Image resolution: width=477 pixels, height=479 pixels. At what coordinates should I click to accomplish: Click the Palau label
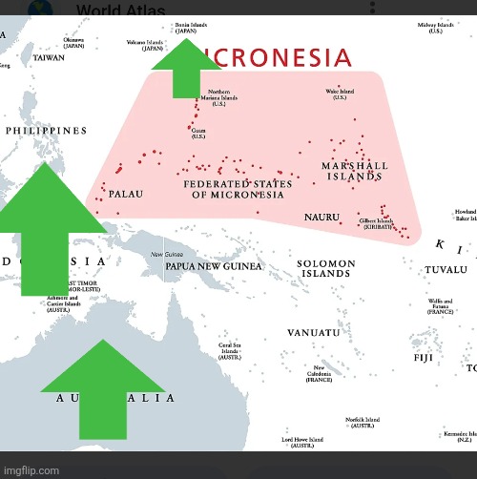[x=125, y=194]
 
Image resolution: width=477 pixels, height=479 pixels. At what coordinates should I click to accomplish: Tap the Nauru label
[x=321, y=218]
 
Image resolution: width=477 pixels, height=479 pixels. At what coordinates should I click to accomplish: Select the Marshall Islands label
[x=355, y=171]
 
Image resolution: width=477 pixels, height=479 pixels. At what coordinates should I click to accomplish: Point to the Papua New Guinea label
[x=213, y=266]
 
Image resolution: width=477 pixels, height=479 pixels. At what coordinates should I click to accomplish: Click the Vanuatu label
[x=313, y=332]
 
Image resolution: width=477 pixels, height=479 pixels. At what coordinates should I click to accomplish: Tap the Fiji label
[x=424, y=358]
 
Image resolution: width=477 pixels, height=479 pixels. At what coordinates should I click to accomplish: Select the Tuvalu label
[x=446, y=270]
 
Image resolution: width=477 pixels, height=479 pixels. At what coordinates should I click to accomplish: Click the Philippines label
[x=46, y=131]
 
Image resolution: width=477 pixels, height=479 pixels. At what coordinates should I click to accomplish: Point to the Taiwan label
[x=49, y=57]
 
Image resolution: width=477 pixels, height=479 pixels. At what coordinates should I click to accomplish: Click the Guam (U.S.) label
[x=198, y=134]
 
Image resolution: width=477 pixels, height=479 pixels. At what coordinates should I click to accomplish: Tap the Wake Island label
[x=340, y=94]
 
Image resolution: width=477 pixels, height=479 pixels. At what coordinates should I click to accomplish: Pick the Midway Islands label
[x=434, y=28]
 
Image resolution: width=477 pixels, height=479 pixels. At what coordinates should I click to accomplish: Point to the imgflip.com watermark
[x=31, y=469]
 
